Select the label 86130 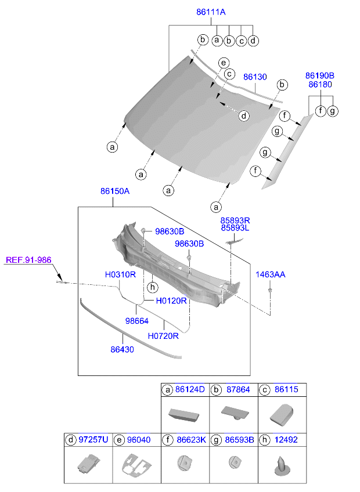coord(254,77)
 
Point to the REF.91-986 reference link coord(28,261)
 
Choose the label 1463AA coord(271,274)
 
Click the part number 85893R coord(235,220)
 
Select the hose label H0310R coord(120,274)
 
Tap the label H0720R coord(163,335)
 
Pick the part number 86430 coord(123,350)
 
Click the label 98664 coord(137,320)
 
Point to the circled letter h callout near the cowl coord(152,287)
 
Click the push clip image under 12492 coord(282,466)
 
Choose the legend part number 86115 coord(286,389)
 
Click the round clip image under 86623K coord(185,464)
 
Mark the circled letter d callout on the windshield coord(244,116)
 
